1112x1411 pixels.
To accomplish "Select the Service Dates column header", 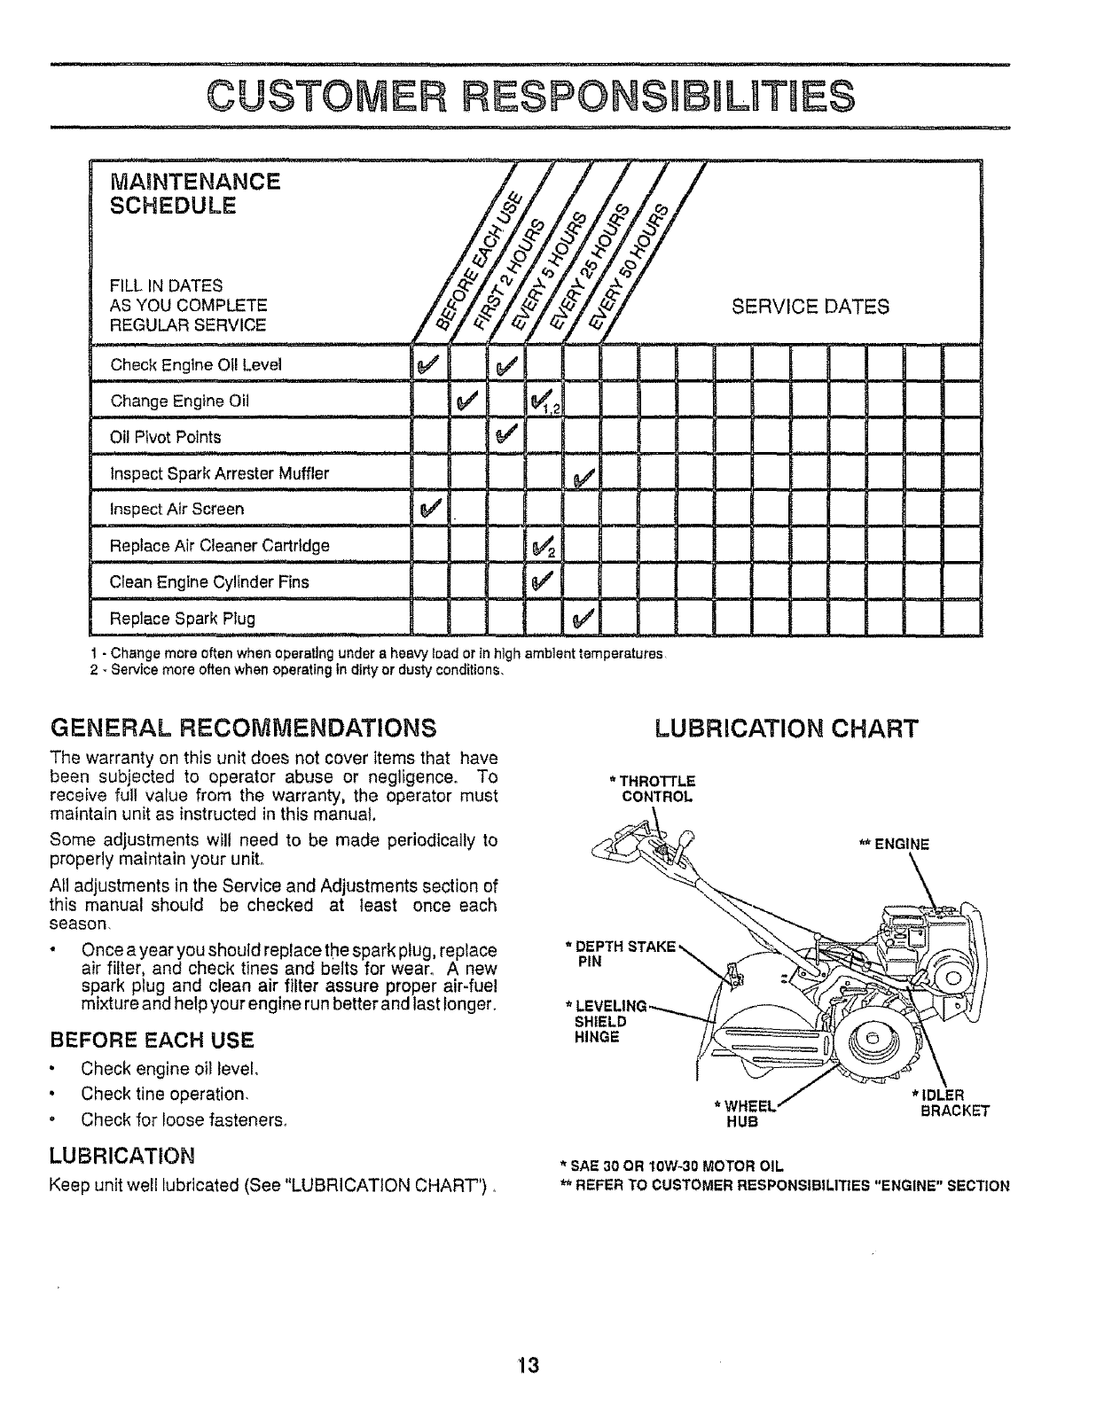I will tap(810, 307).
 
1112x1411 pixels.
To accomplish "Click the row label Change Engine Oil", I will tap(179, 401).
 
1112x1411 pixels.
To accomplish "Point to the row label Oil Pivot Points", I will tap(165, 437).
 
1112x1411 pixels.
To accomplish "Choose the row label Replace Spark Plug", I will tap(182, 618).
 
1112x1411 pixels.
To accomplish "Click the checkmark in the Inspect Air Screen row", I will tap(429, 509).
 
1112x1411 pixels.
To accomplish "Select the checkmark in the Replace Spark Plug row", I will tap(582, 618).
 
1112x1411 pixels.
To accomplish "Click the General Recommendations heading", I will tap(244, 729).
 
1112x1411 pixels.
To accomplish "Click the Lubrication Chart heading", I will tap(786, 729).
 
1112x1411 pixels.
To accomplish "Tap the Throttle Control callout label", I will tap(656, 788).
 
